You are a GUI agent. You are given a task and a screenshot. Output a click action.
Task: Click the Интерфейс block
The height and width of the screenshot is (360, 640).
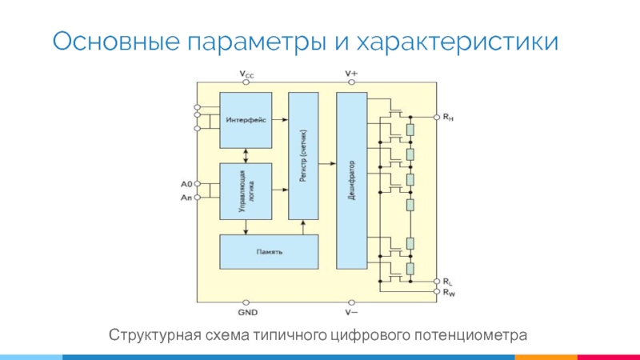246,119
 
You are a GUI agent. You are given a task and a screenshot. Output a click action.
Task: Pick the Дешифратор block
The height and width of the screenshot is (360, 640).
351,180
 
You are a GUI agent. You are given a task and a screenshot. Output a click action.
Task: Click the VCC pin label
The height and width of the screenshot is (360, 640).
247,74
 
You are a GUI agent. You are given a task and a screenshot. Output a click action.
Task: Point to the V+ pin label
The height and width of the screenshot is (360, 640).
351,74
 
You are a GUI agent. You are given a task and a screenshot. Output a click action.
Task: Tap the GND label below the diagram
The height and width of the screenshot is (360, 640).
247,311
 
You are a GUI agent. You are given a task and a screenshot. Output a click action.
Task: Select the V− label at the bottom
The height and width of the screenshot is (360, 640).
351,311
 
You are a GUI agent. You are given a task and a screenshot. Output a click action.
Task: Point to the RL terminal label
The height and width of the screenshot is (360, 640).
449,282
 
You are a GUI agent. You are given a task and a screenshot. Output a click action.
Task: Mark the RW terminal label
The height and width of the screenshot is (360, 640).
450,292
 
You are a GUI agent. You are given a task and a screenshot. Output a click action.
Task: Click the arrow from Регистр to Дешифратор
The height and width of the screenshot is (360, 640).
327,164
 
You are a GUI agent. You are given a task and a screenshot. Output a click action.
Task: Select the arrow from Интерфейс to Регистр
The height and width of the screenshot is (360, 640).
280,119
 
